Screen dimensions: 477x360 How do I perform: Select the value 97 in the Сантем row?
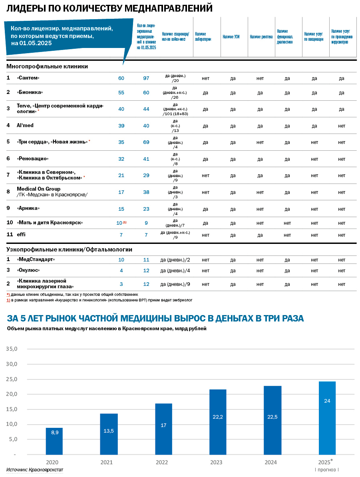146,78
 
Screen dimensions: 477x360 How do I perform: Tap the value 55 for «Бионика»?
121,93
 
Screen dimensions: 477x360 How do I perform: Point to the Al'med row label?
25,126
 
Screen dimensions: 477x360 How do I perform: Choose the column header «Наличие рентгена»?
261,37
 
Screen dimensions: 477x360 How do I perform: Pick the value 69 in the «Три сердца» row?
146,142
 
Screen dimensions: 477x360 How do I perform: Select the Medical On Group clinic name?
39,189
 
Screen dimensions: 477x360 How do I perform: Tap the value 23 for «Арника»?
146,209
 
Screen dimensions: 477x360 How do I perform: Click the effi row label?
21,235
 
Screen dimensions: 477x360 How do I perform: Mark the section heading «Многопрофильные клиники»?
47,66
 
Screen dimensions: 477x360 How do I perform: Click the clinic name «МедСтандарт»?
36,259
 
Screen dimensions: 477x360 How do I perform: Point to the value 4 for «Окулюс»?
121,271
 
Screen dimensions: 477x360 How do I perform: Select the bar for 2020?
54,441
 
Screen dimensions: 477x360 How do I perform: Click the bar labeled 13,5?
109,434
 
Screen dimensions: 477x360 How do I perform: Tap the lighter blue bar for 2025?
327,418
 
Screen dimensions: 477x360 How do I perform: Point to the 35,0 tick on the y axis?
12,349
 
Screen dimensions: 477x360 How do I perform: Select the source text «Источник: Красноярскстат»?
35,470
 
